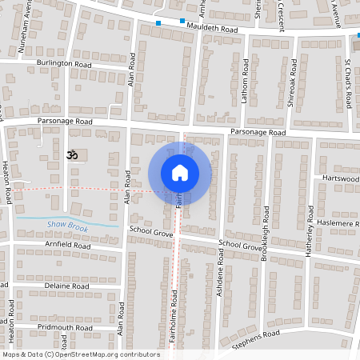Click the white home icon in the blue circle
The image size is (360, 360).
pos(179,172)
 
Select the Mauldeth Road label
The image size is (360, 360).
pos(213,27)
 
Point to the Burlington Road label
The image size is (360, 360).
pos(63,62)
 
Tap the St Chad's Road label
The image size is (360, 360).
pos(348,83)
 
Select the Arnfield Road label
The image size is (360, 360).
pos(69,246)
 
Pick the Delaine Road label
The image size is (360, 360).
pos(66,286)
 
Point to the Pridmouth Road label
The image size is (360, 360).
pos(68,327)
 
